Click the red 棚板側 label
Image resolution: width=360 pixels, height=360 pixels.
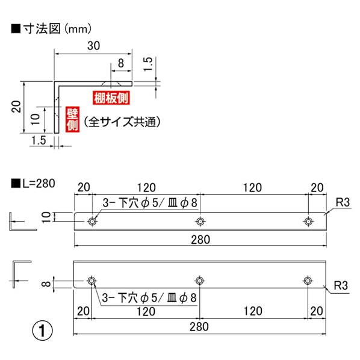tap(113, 96)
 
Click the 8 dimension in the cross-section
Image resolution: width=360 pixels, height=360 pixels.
tap(121, 63)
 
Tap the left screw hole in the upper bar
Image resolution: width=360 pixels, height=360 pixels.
tap(92, 222)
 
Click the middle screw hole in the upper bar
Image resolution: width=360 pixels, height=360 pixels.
tap(200, 222)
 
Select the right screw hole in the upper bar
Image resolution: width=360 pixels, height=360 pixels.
tap(308, 222)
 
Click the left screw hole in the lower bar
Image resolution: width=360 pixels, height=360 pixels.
tap(92, 281)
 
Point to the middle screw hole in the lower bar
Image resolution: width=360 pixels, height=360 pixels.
tap(200, 281)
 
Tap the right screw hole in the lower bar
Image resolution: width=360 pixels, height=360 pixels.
tap(308, 281)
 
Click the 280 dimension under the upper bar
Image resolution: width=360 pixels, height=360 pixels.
tap(200, 240)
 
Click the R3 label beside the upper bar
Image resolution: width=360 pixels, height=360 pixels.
tap(343, 202)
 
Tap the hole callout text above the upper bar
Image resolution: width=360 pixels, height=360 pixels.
tap(151, 203)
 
